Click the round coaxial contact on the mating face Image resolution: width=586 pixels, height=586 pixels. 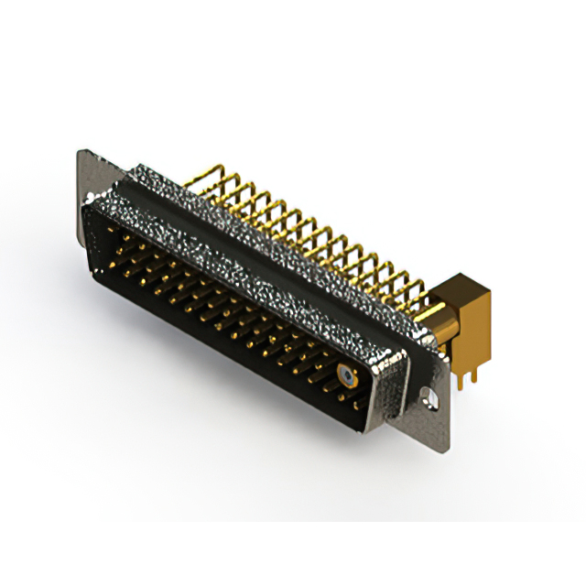(x=346, y=374)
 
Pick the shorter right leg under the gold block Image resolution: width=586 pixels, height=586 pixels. (x=477, y=366)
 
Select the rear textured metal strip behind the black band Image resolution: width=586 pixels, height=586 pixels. (x=275, y=215)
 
